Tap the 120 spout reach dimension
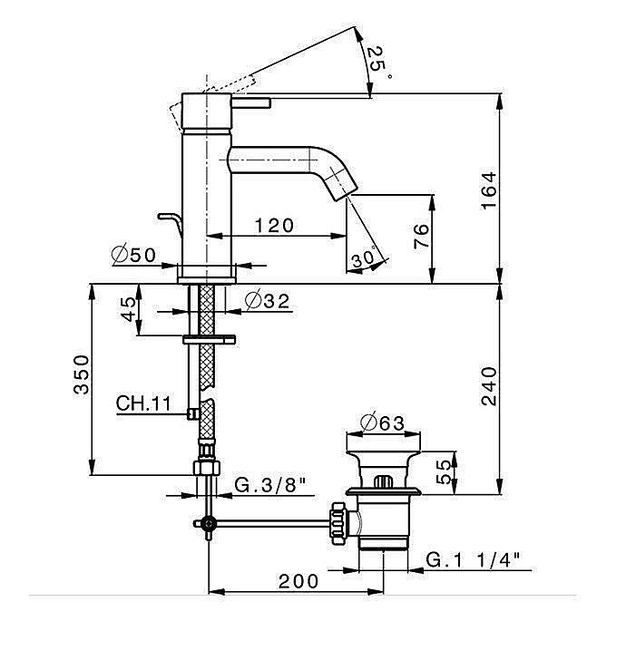click(275, 225)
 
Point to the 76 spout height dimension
click(420, 238)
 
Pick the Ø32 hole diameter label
click(267, 300)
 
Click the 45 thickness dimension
click(130, 311)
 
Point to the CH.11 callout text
click(143, 403)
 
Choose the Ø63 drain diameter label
click(381, 422)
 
